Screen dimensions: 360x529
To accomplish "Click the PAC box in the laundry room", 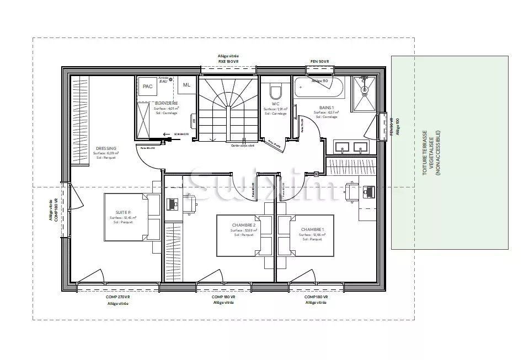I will pyautogui.click(x=147, y=87).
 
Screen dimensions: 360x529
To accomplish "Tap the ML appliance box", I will pyautogui.click(x=187, y=84).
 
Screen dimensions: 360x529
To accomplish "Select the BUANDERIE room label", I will pyautogui.click(x=166, y=103).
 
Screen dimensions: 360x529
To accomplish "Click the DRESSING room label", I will pyautogui.click(x=105, y=148).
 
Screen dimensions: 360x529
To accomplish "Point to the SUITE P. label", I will pyautogui.click(x=122, y=213).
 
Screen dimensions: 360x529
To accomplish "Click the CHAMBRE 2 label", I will pyautogui.click(x=244, y=225).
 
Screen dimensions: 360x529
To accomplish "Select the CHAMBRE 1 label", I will pyautogui.click(x=312, y=229).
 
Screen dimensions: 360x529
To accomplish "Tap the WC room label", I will pyautogui.click(x=275, y=104).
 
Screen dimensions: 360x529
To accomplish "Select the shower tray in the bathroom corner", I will pyautogui.click(x=364, y=93).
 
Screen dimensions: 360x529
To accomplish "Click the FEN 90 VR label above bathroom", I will pyautogui.click(x=319, y=61).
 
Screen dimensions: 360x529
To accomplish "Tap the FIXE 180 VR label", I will pyautogui.click(x=228, y=61).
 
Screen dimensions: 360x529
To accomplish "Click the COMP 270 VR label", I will pyautogui.click(x=117, y=297).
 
